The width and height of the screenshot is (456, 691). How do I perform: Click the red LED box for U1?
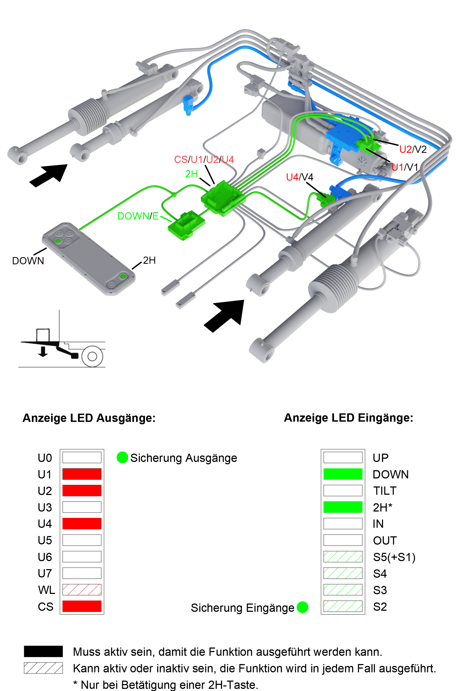[82, 474]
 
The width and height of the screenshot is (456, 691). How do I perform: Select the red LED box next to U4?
[82, 524]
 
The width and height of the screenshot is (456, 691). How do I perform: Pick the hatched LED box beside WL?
[82, 589]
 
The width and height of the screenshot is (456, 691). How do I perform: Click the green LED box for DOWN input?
[343, 474]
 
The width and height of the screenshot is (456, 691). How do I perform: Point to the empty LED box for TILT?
[343, 490]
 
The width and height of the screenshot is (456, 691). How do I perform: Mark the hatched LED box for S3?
[343, 589]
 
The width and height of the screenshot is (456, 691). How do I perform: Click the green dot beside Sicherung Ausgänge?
[122, 457]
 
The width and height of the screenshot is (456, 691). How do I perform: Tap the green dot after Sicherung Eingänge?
[302, 607]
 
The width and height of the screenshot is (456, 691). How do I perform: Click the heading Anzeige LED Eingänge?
[348, 418]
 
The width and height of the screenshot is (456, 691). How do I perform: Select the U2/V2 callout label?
[413, 149]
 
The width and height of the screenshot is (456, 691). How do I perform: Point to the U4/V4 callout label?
[300, 177]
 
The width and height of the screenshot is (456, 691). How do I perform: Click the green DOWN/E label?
[138, 216]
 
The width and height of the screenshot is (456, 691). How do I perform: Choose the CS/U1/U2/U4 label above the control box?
[204, 159]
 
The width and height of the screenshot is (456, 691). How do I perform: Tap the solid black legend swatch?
[43, 652]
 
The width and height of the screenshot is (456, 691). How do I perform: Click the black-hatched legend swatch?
[43, 668]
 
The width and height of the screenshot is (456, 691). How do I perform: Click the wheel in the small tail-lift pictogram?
[92, 356]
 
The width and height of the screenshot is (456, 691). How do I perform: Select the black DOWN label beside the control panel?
[28, 261]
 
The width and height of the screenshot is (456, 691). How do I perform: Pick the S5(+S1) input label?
[394, 557]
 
